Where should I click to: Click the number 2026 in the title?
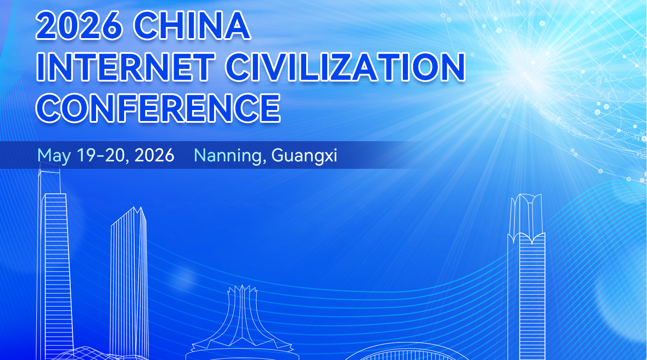[79, 26]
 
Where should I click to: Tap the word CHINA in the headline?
[192, 26]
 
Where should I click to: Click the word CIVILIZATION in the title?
[346, 67]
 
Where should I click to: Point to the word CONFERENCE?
[158, 108]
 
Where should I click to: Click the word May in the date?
[54, 156]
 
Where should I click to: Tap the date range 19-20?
[101, 155]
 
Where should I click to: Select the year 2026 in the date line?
[154, 155]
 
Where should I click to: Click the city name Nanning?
[228, 156]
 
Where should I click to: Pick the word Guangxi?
[304, 156]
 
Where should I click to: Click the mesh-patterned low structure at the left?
[87, 353]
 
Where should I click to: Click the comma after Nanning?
[264, 161]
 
